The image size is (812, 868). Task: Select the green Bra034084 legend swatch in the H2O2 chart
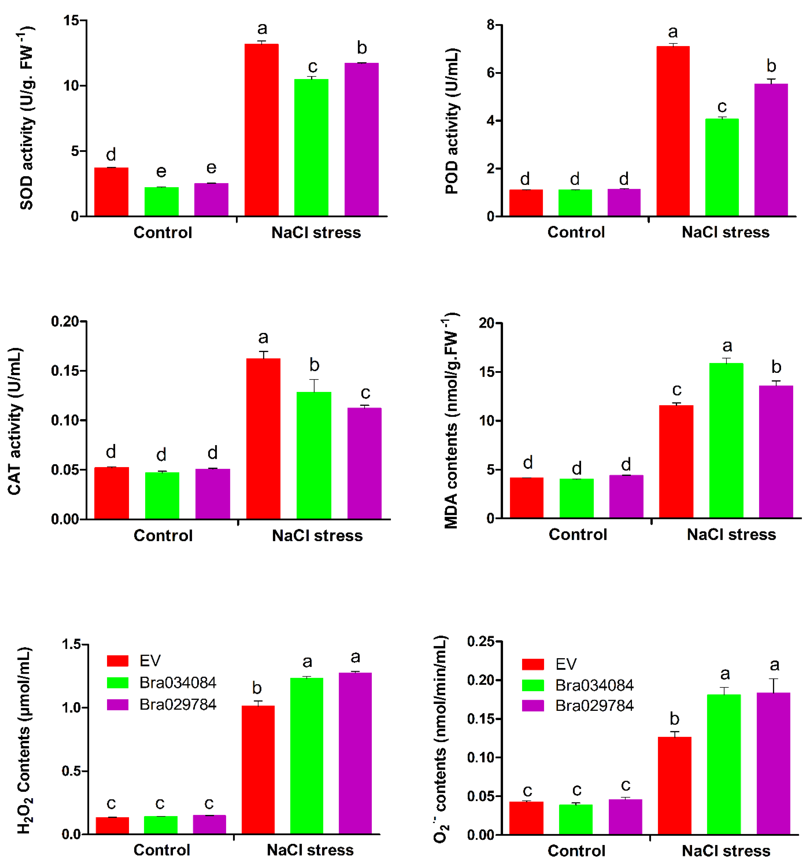[117, 683]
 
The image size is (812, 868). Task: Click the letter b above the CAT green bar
[314, 365]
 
